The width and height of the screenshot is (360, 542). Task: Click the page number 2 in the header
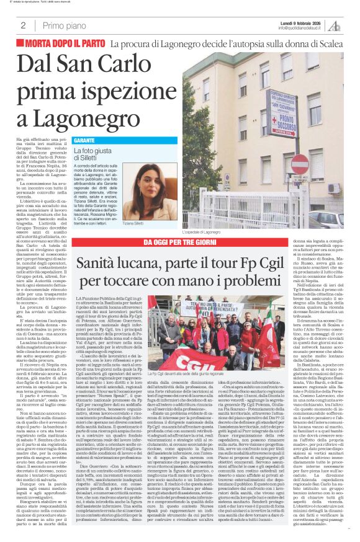[x=23, y=25]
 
